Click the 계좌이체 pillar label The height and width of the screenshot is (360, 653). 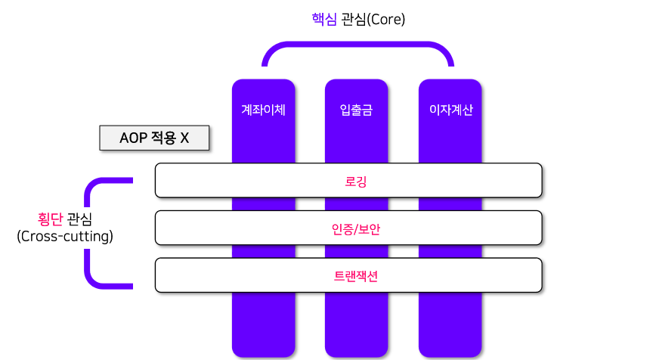pyautogui.click(x=263, y=110)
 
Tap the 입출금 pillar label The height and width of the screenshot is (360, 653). pyautogui.click(x=356, y=110)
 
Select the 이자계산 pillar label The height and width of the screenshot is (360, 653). pyautogui.click(x=450, y=110)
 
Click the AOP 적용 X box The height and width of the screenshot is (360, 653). pyautogui.click(x=154, y=138)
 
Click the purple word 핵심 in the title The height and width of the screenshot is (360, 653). pyautogui.click(x=324, y=20)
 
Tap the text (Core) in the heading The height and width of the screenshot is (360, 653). pyautogui.click(x=385, y=20)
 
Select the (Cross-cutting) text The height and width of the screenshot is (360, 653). pyautogui.click(x=64, y=237)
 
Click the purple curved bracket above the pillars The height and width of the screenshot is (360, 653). pyautogui.click(x=357, y=47)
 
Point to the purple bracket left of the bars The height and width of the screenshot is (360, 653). pyautogui.click(x=89, y=233)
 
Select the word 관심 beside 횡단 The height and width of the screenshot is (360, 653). pyautogui.click(x=79, y=219)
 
